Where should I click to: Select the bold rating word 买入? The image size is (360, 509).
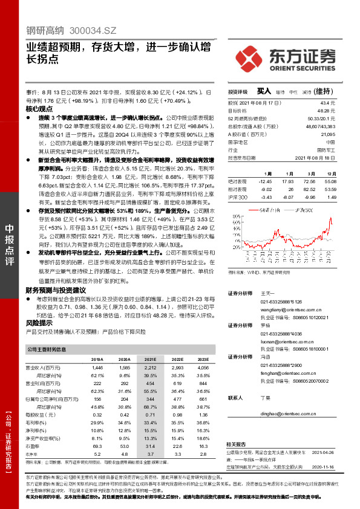264,91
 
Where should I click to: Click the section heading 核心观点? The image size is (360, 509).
39,109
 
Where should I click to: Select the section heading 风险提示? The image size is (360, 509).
39,323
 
